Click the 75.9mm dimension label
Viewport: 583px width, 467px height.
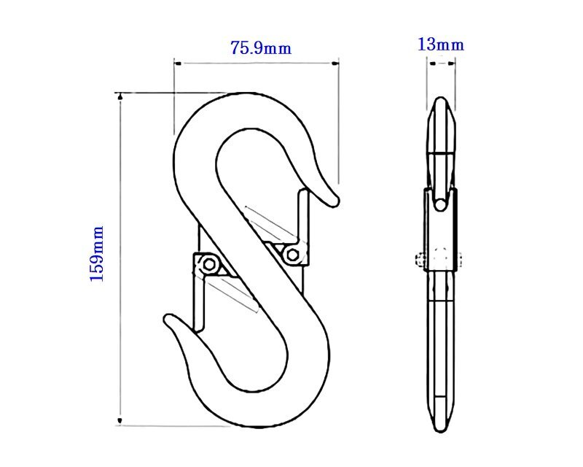261,47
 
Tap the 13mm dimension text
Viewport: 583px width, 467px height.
441,45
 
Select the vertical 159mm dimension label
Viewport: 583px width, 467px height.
97,254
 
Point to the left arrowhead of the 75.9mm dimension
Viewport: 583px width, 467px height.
178,63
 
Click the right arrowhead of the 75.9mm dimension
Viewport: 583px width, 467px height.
335,63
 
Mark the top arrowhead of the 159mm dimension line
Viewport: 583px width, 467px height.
120,96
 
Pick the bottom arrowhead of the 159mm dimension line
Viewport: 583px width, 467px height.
120,421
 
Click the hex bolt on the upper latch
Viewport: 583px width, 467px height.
292,255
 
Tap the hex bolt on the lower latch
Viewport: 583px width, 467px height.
209,264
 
